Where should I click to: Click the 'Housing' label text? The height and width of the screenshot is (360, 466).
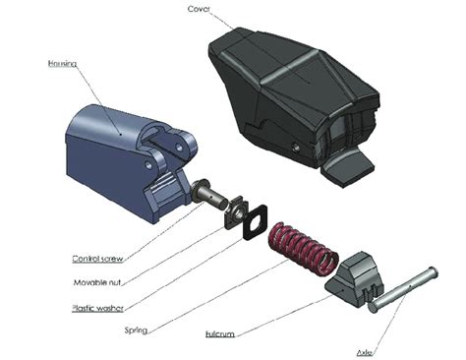pyautogui.click(x=62, y=64)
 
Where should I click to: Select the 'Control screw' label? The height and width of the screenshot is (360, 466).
pyautogui.click(x=95, y=260)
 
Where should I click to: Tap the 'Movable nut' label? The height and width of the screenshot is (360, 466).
pyautogui.click(x=95, y=283)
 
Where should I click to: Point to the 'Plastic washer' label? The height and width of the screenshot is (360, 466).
pyautogui.click(x=99, y=307)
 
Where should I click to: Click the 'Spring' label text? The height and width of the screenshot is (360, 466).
pyautogui.click(x=136, y=330)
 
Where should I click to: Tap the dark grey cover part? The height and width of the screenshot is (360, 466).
pyautogui.click(x=295, y=89)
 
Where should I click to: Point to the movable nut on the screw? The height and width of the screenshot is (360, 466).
pyautogui.click(x=235, y=209)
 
